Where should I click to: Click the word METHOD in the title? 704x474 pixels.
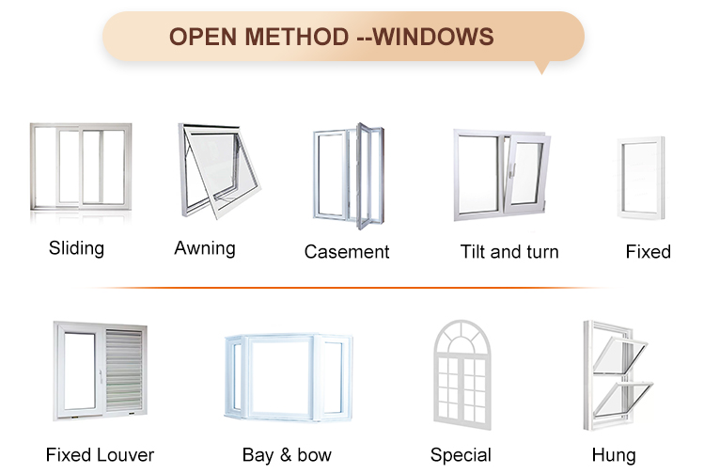pyautogui.click(x=297, y=37)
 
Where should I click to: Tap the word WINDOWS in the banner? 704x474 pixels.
pyautogui.click(x=433, y=37)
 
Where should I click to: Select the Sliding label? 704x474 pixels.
pyautogui.click(x=76, y=248)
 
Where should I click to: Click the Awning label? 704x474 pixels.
pyautogui.click(x=205, y=248)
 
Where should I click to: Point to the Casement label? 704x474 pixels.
pyautogui.click(x=347, y=252)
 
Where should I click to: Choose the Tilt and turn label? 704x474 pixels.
pyautogui.click(x=509, y=252)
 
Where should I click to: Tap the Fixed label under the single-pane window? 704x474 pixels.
pyautogui.click(x=649, y=252)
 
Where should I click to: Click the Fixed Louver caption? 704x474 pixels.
pyautogui.click(x=100, y=455)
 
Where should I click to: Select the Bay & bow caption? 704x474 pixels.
pyautogui.click(x=287, y=455)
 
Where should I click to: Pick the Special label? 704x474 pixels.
pyautogui.click(x=461, y=455)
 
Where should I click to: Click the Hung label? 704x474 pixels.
pyautogui.click(x=614, y=455)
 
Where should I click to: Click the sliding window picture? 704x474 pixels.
pyautogui.click(x=81, y=166)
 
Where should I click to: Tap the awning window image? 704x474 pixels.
pyautogui.click(x=219, y=170)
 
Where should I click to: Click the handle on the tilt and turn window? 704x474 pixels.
pyautogui.click(x=512, y=171)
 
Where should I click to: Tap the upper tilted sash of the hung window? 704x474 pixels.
pyautogui.click(x=619, y=355)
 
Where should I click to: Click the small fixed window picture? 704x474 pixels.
pyautogui.click(x=641, y=178)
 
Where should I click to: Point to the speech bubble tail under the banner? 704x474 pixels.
pyautogui.click(x=542, y=68)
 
